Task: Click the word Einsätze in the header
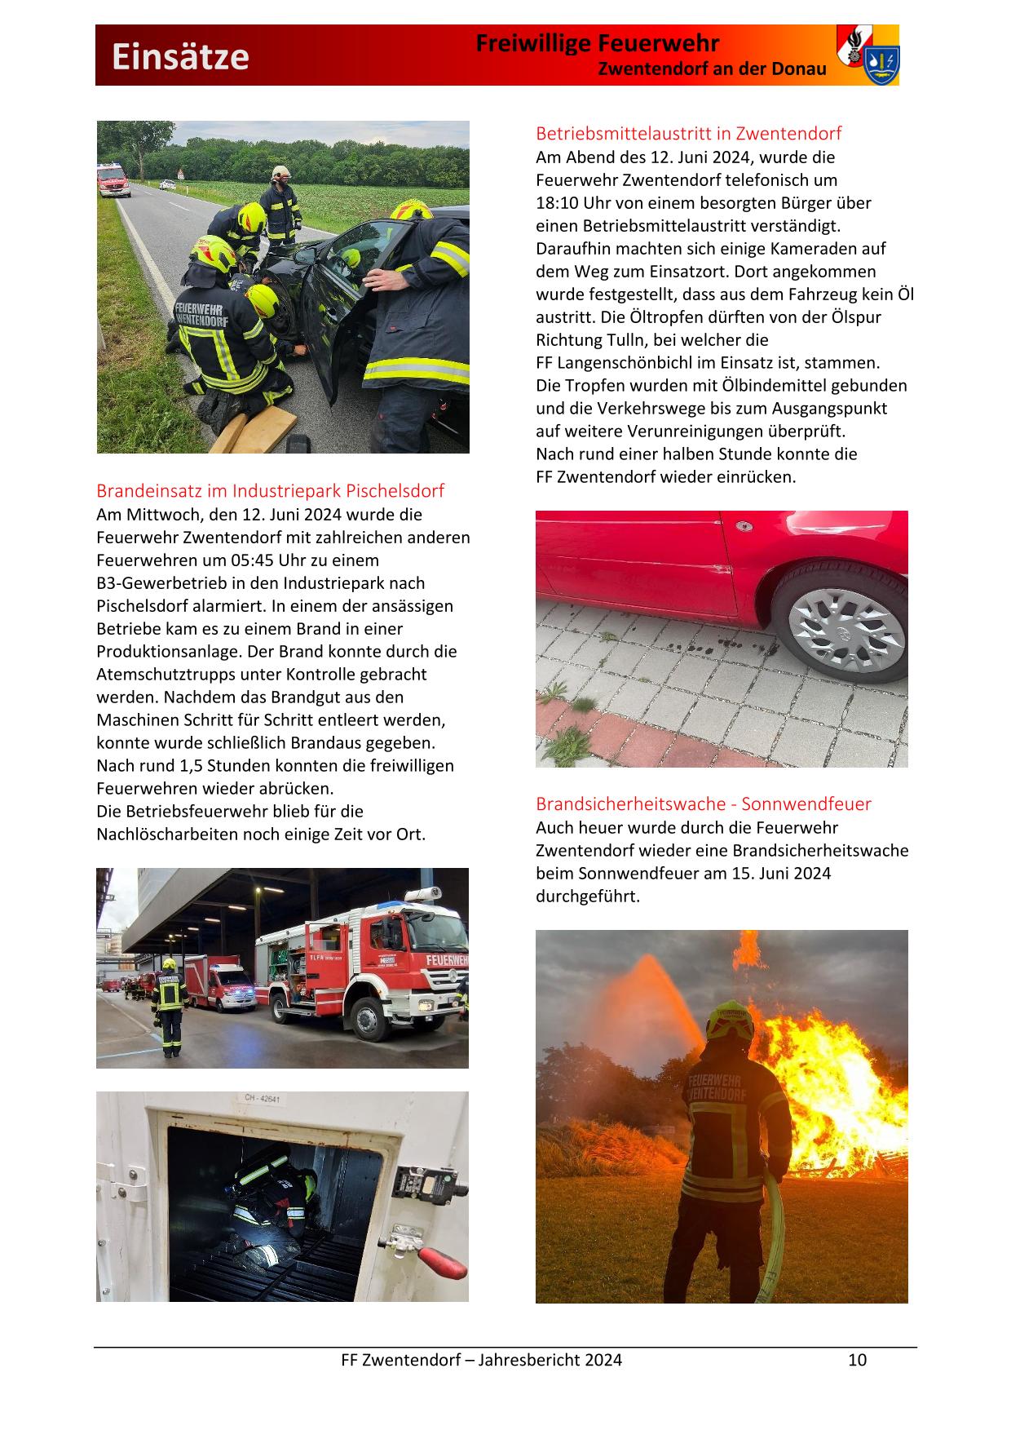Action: (x=180, y=57)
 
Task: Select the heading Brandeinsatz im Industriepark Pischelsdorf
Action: (x=270, y=491)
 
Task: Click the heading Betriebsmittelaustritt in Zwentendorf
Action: (x=688, y=133)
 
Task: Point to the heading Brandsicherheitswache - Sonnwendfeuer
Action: (x=703, y=804)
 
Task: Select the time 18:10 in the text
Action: (x=558, y=203)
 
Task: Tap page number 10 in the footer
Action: (x=857, y=1360)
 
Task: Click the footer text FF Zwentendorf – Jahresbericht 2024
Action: (x=481, y=1360)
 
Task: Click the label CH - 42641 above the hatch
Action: (x=263, y=1099)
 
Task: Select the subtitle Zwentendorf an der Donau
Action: (x=712, y=69)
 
